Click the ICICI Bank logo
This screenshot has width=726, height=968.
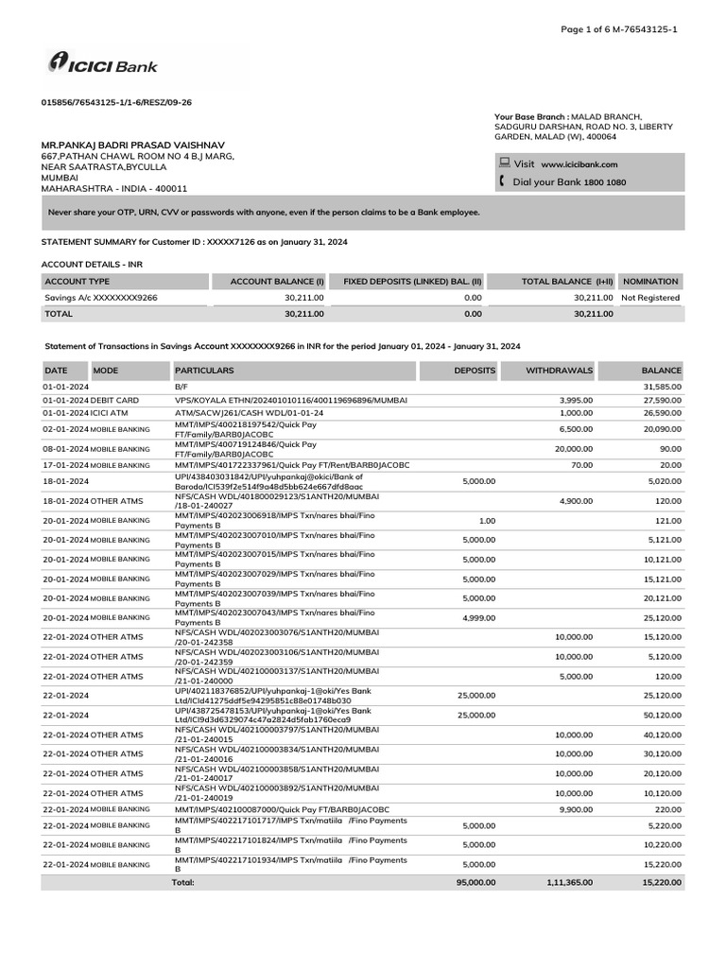(x=102, y=65)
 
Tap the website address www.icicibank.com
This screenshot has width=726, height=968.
(x=579, y=164)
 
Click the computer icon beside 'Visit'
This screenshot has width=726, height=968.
(x=504, y=163)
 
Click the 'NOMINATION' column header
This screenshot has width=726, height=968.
(x=650, y=281)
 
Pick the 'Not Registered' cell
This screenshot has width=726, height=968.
(x=649, y=297)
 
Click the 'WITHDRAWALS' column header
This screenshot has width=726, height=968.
(x=559, y=371)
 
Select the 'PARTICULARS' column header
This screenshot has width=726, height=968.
(x=204, y=371)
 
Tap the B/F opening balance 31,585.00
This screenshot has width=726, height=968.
(x=662, y=388)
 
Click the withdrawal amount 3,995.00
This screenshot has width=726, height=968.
(x=575, y=401)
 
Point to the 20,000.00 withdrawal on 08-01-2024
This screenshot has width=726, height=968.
(x=573, y=448)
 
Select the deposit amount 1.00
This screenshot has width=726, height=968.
(x=487, y=520)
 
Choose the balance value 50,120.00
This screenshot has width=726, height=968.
(x=662, y=715)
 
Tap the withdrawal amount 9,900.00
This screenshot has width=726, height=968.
(x=575, y=809)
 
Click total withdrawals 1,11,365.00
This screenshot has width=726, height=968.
(x=569, y=882)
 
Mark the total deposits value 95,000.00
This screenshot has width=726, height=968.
(x=475, y=882)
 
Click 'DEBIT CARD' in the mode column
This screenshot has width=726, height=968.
(x=114, y=401)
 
